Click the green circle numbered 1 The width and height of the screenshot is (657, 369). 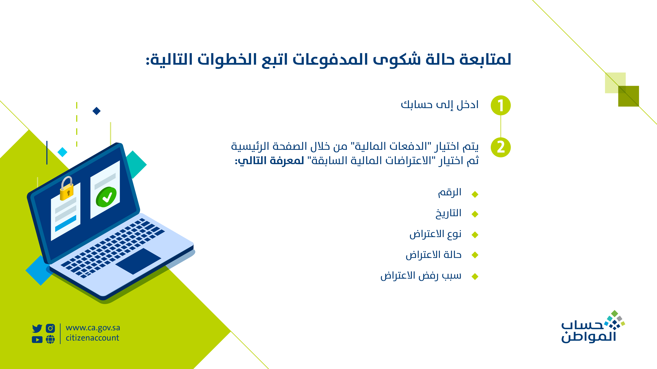pyautogui.click(x=501, y=105)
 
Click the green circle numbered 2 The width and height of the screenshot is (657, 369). pyautogui.click(x=501, y=147)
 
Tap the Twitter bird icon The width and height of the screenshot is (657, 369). pyautogui.click(x=37, y=328)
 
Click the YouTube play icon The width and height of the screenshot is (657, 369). pyautogui.click(x=37, y=340)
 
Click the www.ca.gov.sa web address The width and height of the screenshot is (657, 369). pyautogui.click(x=93, y=328)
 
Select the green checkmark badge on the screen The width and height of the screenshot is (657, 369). pyautogui.click(x=106, y=197)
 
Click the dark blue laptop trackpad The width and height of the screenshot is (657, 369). pyautogui.click(x=138, y=261)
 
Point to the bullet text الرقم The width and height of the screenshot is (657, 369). pyautogui.click(x=450, y=193)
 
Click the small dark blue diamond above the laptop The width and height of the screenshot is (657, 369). pyautogui.click(x=96, y=111)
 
